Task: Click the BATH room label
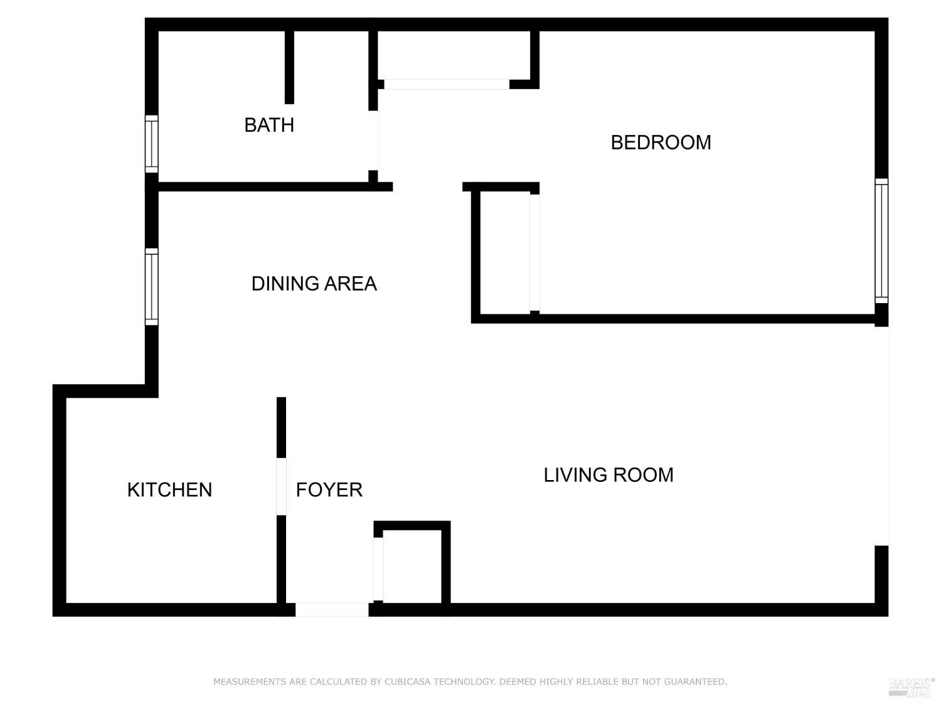click(269, 125)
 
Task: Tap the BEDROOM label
click(661, 142)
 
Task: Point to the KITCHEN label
click(169, 489)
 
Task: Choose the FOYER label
click(329, 489)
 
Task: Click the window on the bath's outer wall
click(151, 144)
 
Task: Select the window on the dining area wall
click(151, 287)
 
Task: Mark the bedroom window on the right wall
click(881, 241)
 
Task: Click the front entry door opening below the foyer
click(332, 609)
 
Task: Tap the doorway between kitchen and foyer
click(282, 487)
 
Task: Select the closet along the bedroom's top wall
click(454, 55)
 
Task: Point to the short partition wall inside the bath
click(289, 67)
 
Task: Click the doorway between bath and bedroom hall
click(374, 141)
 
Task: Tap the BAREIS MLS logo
click(912, 687)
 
